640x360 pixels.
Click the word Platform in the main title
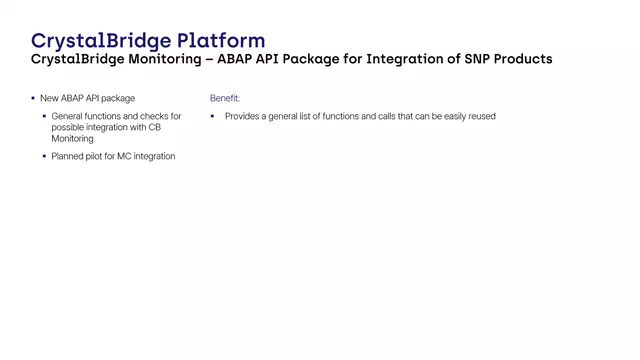point(222,41)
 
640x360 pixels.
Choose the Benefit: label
point(225,98)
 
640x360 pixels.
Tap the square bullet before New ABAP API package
point(32,98)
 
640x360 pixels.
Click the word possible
point(69,128)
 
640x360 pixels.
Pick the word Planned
point(69,156)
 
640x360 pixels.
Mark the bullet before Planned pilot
point(44,156)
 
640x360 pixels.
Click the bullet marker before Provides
point(212,117)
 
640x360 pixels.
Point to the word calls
point(383,117)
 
